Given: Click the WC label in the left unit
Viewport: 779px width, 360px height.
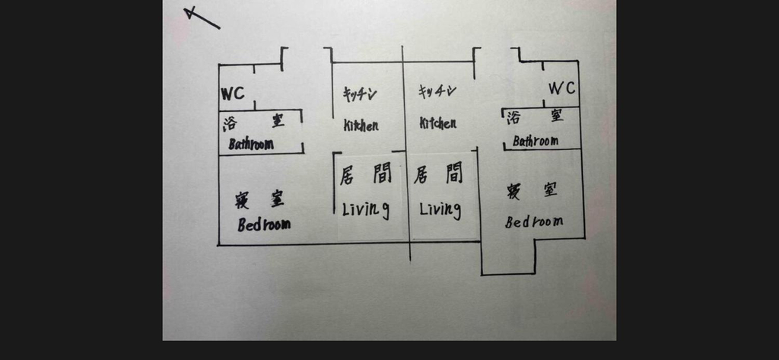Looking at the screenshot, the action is pyautogui.click(x=233, y=94).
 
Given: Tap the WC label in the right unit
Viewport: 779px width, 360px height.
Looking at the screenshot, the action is pyautogui.click(x=562, y=88).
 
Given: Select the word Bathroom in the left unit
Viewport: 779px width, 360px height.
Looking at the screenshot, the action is pyautogui.click(x=251, y=144).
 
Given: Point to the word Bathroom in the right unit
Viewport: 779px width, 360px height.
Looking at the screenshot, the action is pyautogui.click(x=535, y=142).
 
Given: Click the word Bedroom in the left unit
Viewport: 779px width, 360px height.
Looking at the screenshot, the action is pyautogui.click(x=264, y=225).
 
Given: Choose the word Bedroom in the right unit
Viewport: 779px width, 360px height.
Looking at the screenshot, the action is pyautogui.click(x=534, y=221).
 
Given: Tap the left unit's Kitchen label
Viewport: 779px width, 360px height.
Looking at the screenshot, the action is pyautogui.click(x=361, y=126).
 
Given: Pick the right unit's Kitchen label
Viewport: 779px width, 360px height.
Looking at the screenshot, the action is pyautogui.click(x=437, y=123).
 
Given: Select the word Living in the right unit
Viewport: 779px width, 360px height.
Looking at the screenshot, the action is pyautogui.click(x=440, y=209).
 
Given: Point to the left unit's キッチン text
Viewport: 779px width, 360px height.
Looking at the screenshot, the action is pyautogui.click(x=360, y=94).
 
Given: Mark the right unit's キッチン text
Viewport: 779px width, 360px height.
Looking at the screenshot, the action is pyautogui.click(x=437, y=91).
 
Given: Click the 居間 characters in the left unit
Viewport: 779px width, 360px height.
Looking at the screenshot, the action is pyautogui.click(x=366, y=174).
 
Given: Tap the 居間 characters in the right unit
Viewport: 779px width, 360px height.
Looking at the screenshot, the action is pyautogui.click(x=438, y=174).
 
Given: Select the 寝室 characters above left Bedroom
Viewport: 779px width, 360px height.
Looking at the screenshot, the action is pyautogui.click(x=259, y=199).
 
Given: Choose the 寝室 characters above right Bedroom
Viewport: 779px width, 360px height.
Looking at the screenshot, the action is pyautogui.click(x=532, y=190).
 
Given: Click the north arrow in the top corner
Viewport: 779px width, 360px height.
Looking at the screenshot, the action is pyautogui.click(x=202, y=18).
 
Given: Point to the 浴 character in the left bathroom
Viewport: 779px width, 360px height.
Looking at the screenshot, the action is pyautogui.click(x=230, y=124).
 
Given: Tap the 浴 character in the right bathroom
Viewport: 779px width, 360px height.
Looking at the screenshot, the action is pyautogui.click(x=514, y=118).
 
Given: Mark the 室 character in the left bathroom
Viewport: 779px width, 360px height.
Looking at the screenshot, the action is pyautogui.click(x=278, y=121).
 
